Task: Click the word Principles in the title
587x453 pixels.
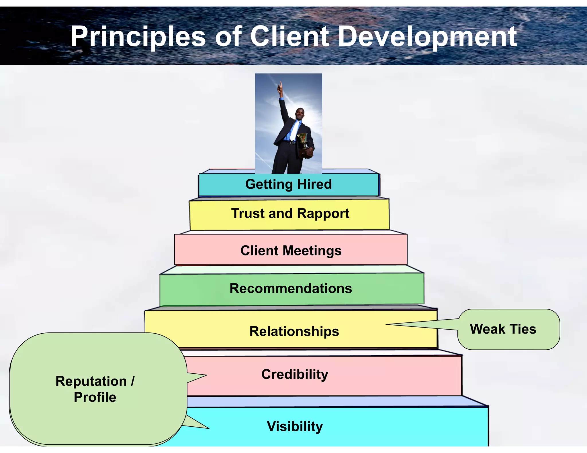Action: [x=138, y=36]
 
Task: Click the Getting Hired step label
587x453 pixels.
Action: [x=288, y=184]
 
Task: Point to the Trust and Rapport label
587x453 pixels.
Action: [x=290, y=213]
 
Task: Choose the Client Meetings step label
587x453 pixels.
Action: [x=291, y=251]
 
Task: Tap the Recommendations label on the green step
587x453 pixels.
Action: [x=291, y=288]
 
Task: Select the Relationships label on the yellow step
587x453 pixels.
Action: [x=294, y=331]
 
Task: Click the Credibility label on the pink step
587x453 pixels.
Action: [x=295, y=374]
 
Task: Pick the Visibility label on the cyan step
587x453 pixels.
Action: [x=295, y=426]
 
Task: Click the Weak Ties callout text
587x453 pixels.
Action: [x=503, y=329]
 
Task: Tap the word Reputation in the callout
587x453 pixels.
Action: [x=91, y=381]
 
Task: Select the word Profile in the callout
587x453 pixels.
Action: [x=95, y=397]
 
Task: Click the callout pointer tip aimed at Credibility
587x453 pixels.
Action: [x=206, y=375]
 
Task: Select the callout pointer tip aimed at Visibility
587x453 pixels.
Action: [x=209, y=428]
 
